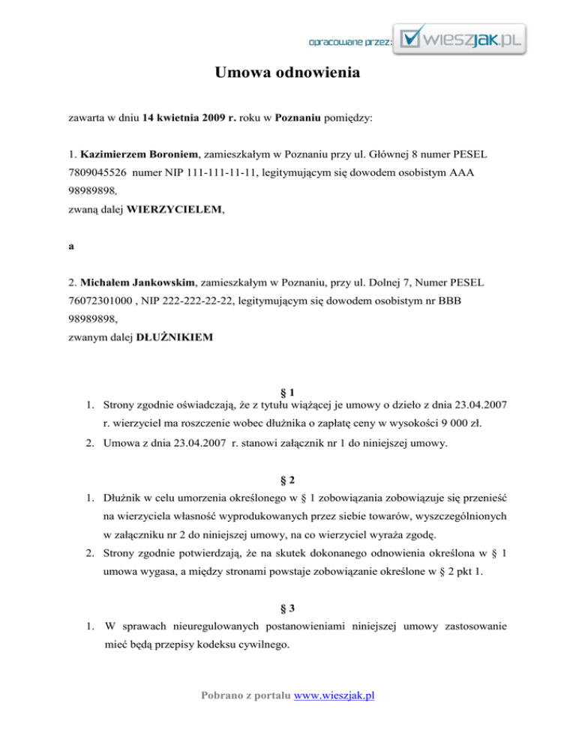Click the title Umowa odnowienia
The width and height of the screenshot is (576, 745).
pyautogui.click(x=288, y=74)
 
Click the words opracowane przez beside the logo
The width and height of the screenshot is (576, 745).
pyautogui.click(x=349, y=41)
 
